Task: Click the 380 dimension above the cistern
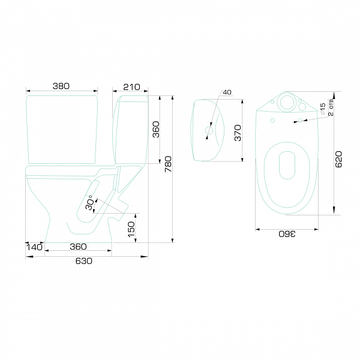(61, 86)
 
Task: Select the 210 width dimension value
(131, 87)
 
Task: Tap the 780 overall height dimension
(168, 164)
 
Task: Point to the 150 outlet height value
(131, 229)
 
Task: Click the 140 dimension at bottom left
(34, 247)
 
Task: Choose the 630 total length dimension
(84, 261)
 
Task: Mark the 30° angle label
(89, 203)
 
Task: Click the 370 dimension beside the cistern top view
(238, 133)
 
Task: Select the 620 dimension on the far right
(338, 159)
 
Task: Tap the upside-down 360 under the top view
(287, 234)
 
